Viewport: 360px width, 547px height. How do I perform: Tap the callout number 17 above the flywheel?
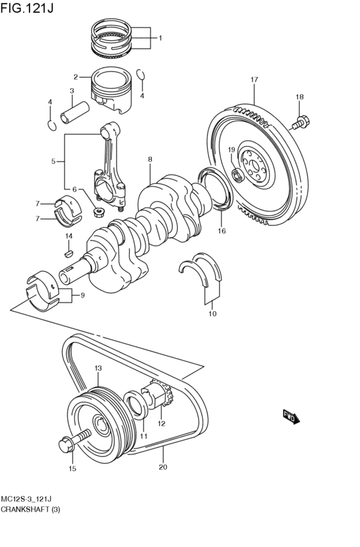254,80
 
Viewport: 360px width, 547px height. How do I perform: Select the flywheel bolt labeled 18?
302,120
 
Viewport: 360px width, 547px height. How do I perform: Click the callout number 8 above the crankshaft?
150,159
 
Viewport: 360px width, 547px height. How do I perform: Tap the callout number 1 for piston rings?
160,38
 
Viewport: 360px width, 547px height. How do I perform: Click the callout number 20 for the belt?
163,467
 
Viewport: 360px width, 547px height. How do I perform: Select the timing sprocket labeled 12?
157,397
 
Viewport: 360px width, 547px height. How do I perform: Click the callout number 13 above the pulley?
98,368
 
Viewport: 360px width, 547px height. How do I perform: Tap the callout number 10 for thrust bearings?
212,314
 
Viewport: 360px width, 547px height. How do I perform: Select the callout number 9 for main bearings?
82,296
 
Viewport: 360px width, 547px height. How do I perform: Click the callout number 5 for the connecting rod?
54,161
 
